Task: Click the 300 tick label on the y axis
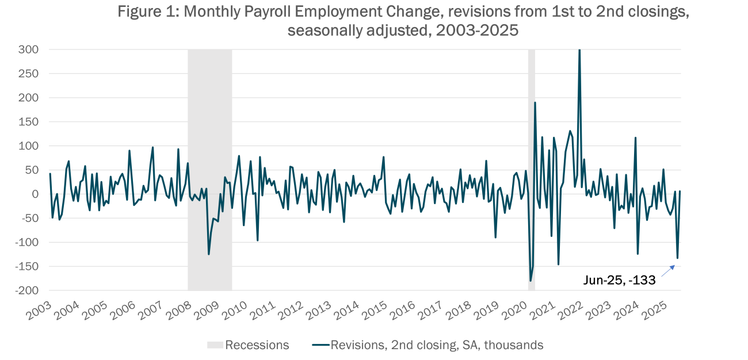tap(28, 50)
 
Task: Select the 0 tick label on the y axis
tap(35, 194)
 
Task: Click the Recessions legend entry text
tap(257, 345)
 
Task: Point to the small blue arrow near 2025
tap(667, 271)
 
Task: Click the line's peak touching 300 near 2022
tap(579, 51)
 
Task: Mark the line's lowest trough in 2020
tap(531, 281)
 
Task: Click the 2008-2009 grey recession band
tap(210, 144)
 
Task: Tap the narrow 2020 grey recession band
tap(532, 144)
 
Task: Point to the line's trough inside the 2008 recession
tap(208, 254)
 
